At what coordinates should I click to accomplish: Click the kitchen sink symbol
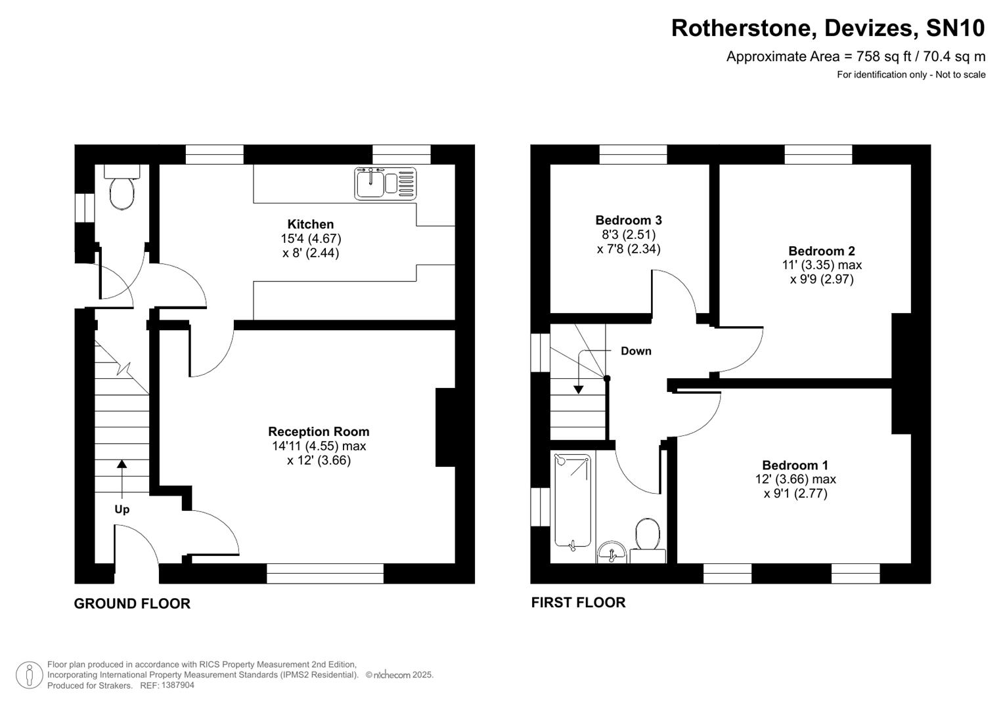(x=386, y=183)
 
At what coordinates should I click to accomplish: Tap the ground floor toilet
(x=122, y=190)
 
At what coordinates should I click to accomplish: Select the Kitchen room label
(x=311, y=225)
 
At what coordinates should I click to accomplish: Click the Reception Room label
(x=319, y=432)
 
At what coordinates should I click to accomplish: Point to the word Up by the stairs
(x=122, y=509)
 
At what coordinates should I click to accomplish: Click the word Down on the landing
(x=636, y=351)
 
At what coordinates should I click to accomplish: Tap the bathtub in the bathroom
(x=572, y=500)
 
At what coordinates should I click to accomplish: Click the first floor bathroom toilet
(x=648, y=538)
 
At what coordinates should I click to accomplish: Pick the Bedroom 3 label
(x=629, y=221)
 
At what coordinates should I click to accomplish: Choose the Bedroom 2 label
(x=822, y=251)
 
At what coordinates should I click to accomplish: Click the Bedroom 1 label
(x=795, y=465)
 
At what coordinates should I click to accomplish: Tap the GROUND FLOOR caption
(x=132, y=604)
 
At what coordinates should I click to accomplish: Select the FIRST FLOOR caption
(x=578, y=603)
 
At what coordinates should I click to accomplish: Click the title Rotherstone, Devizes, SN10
(x=828, y=28)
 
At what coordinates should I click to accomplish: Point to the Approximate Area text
(x=855, y=56)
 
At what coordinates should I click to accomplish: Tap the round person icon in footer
(x=29, y=675)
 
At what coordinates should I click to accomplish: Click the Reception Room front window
(x=325, y=573)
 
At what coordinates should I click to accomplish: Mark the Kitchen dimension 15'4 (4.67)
(x=311, y=239)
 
